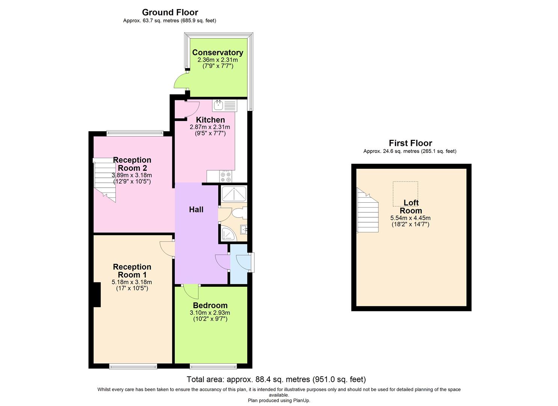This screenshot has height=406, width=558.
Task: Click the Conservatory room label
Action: pos(217,53)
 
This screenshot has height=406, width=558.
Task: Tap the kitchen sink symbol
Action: pos(224,106)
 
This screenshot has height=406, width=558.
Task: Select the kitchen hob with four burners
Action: pos(226,176)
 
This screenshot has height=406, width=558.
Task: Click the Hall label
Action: pos(196,210)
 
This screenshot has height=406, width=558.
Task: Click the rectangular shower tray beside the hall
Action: pos(234,194)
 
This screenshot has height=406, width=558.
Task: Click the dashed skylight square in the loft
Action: pos(405,194)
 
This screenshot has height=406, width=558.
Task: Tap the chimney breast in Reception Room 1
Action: pos(97,294)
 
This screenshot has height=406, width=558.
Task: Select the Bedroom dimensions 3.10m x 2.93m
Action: pos(210,313)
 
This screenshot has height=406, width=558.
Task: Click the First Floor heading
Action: pos(410,143)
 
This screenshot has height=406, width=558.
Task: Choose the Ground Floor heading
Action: pos(170,12)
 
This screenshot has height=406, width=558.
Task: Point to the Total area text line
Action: pos(276,379)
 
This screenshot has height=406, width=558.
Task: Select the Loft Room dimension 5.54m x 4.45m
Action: pos(410,218)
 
